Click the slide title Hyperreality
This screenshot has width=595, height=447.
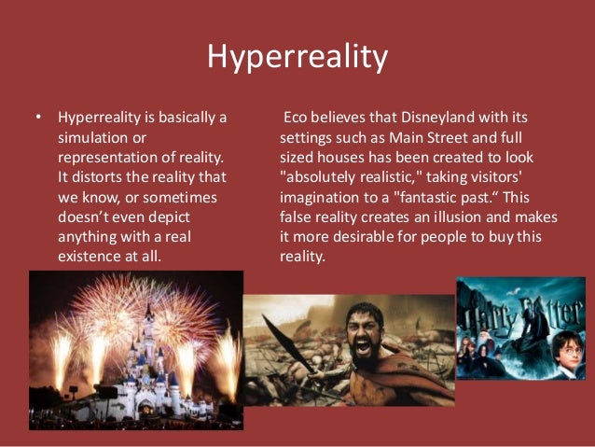(x=297, y=59)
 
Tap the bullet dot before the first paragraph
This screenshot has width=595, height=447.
(x=37, y=119)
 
